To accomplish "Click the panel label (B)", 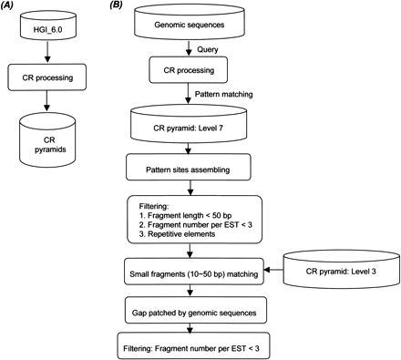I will tap(117, 6).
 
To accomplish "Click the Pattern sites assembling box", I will tap(194, 169).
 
